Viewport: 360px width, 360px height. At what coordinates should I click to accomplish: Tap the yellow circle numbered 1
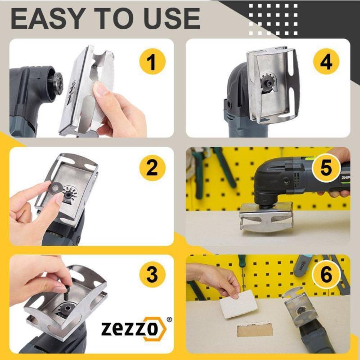(x=152, y=61)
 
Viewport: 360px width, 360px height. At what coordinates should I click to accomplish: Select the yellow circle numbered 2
(x=152, y=168)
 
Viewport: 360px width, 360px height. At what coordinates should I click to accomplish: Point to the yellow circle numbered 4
(x=326, y=61)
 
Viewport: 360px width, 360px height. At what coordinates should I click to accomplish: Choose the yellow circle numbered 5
(x=326, y=168)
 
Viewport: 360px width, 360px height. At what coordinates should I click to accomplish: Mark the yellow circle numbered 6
(x=326, y=274)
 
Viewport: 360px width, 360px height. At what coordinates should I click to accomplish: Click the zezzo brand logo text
(x=130, y=328)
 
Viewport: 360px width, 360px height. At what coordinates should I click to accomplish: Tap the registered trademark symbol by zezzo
(x=169, y=319)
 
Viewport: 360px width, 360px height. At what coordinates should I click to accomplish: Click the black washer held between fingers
(x=55, y=189)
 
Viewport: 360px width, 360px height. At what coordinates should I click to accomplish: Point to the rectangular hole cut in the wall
(x=255, y=330)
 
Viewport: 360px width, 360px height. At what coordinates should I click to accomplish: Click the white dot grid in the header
(x=273, y=19)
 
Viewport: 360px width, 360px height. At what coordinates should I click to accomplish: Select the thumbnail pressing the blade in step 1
(x=100, y=88)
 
